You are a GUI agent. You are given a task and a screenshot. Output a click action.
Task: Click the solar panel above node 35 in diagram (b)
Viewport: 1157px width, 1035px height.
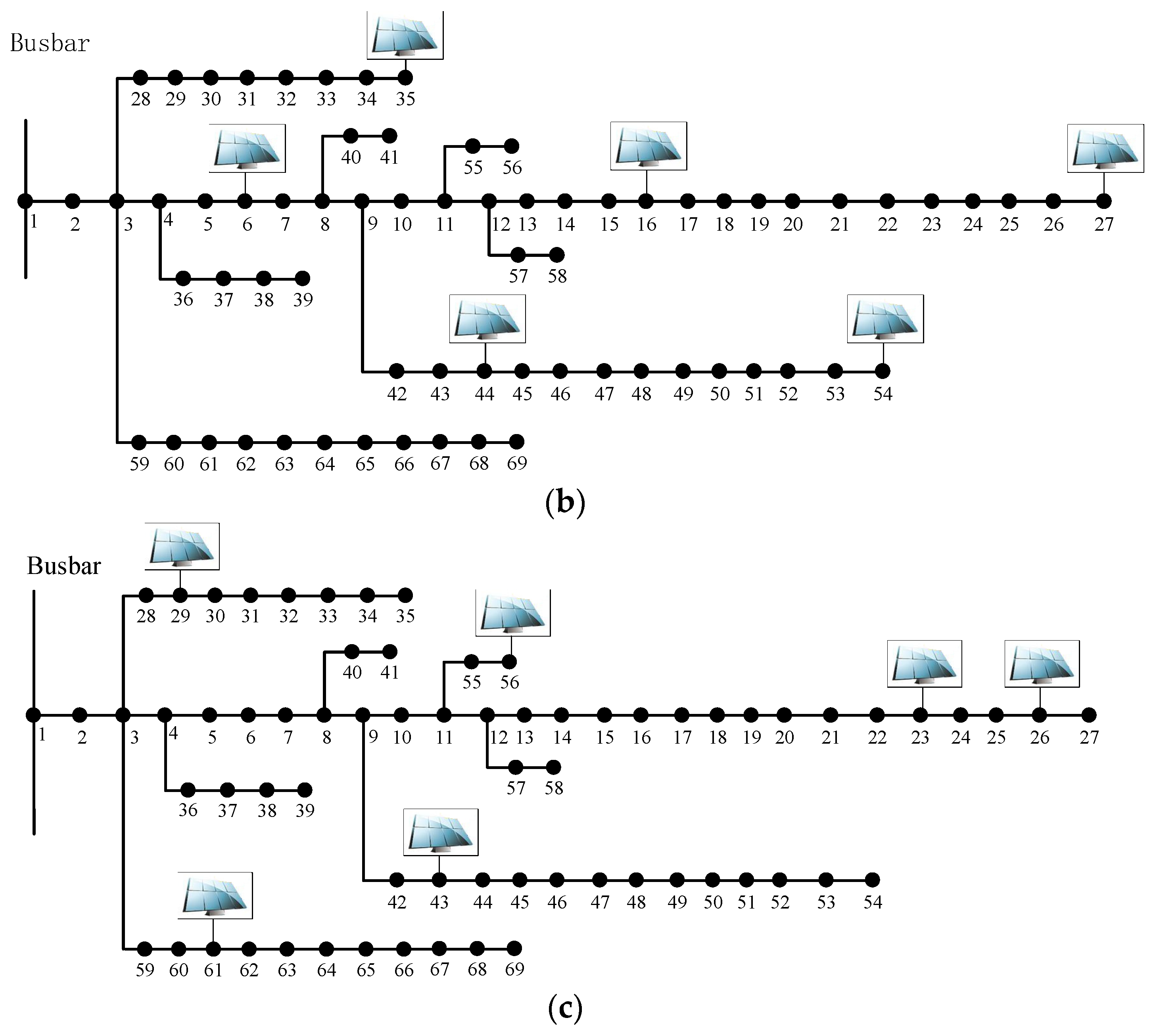click(405, 35)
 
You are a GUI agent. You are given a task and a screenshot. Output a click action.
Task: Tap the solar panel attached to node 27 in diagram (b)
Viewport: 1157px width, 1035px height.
click(1105, 148)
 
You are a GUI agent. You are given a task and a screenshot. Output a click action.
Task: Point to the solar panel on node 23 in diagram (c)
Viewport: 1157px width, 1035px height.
click(924, 664)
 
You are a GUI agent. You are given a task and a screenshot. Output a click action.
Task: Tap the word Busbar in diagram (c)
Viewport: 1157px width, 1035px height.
click(64, 566)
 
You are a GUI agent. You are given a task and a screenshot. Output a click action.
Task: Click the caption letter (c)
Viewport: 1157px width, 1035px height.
click(564, 1008)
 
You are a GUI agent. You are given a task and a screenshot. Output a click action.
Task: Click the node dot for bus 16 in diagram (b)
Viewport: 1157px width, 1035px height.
click(646, 201)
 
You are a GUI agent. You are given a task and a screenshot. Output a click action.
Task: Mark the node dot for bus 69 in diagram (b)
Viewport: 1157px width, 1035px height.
click(516, 441)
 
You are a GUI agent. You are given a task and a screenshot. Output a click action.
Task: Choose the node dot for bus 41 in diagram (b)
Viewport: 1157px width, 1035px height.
click(389, 136)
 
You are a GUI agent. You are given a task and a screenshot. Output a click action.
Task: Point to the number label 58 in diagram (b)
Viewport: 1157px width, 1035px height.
click(557, 276)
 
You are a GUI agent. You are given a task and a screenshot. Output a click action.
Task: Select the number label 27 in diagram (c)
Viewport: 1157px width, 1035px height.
click(1089, 738)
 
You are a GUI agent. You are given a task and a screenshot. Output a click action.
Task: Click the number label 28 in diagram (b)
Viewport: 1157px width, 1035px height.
click(140, 99)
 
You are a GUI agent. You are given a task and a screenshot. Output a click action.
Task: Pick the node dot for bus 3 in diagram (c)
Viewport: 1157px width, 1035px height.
click(123, 715)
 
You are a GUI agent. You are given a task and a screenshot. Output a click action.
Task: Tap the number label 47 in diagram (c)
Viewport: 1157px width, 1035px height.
click(600, 903)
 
